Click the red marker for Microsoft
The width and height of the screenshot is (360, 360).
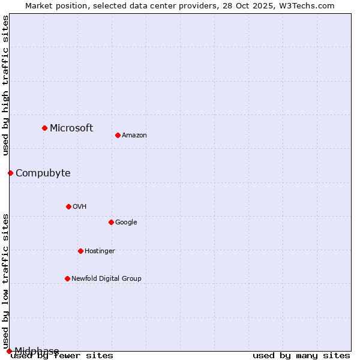point(44,128)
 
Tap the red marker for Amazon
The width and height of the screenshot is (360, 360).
point(118,135)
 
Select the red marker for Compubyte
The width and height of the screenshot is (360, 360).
point(10,173)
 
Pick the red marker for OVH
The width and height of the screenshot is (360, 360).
point(68,206)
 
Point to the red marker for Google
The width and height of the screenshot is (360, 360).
point(111,222)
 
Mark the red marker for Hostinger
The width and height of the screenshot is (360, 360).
point(80,251)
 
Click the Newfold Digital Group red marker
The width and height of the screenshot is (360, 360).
point(67,278)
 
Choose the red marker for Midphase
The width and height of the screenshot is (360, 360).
point(9,351)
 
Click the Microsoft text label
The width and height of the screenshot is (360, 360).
point(71,128)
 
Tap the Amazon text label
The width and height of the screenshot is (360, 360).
point(134,135)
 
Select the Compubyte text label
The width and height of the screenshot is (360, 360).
point(43,173)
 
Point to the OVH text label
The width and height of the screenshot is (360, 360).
point(80,206)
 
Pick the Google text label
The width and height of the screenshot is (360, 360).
point(126,222)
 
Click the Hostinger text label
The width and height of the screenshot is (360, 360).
point(100,251)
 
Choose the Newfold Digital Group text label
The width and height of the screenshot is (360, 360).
point(106,278)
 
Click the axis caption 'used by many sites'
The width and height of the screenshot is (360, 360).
point(301,355)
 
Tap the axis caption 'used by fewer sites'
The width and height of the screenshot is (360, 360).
point(62,355)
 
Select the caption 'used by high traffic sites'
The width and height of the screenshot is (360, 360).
point(5,85)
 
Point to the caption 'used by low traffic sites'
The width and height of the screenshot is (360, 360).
point(5,281)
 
